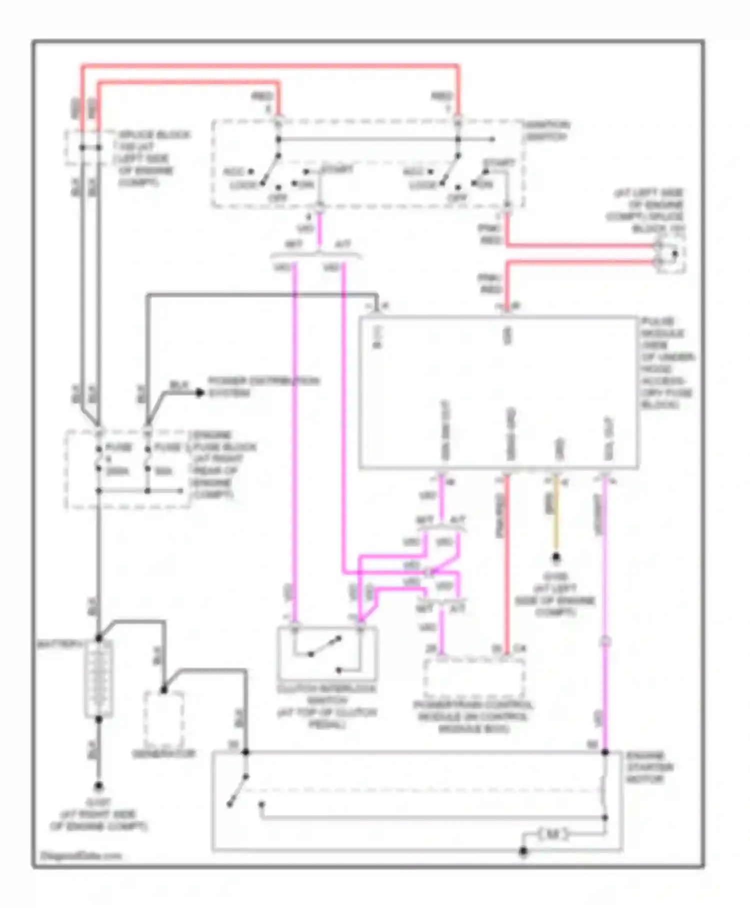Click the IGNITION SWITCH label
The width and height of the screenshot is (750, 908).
point(547,131)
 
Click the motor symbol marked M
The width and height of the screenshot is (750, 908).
point(552,834)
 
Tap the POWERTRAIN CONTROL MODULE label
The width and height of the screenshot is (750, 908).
point(473,717)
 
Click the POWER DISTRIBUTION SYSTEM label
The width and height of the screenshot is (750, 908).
point(263,387)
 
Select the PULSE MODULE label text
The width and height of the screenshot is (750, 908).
point(667,362)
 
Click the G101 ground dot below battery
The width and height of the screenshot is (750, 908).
point(98,786)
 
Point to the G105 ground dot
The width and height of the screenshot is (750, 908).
point(555,557)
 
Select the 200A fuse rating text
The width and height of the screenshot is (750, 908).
point(117,471)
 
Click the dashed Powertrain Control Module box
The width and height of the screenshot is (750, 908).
point(473,678)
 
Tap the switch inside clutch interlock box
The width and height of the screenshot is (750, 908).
point(325,647)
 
